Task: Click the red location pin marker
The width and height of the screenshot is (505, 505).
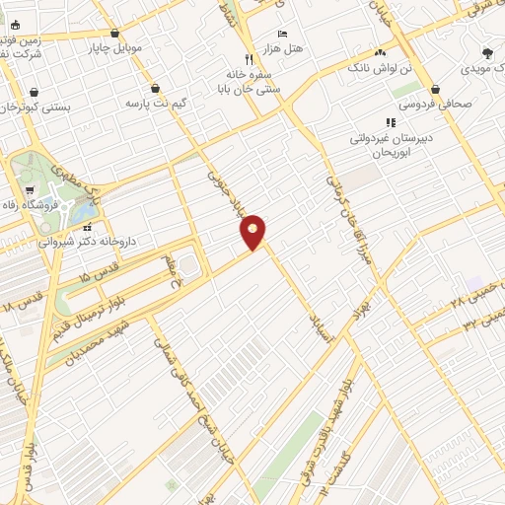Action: [x=253, y=232]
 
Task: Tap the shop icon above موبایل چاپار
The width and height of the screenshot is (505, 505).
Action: [x=115, y=34]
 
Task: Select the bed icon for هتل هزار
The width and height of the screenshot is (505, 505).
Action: [x=283, y=34]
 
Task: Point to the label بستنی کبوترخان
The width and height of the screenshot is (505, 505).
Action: [x=37, y=106]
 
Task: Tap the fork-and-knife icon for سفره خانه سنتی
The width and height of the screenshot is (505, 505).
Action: [x=250, y=58]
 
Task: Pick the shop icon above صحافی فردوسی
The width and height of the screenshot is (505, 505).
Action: [x=435, y=89]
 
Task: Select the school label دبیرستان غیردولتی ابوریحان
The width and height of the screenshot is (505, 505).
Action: [x=383, y=145]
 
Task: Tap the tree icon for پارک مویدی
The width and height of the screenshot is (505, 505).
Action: [x=487, y=53]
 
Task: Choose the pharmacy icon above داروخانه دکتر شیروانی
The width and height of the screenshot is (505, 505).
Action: [x=88, y=228]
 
